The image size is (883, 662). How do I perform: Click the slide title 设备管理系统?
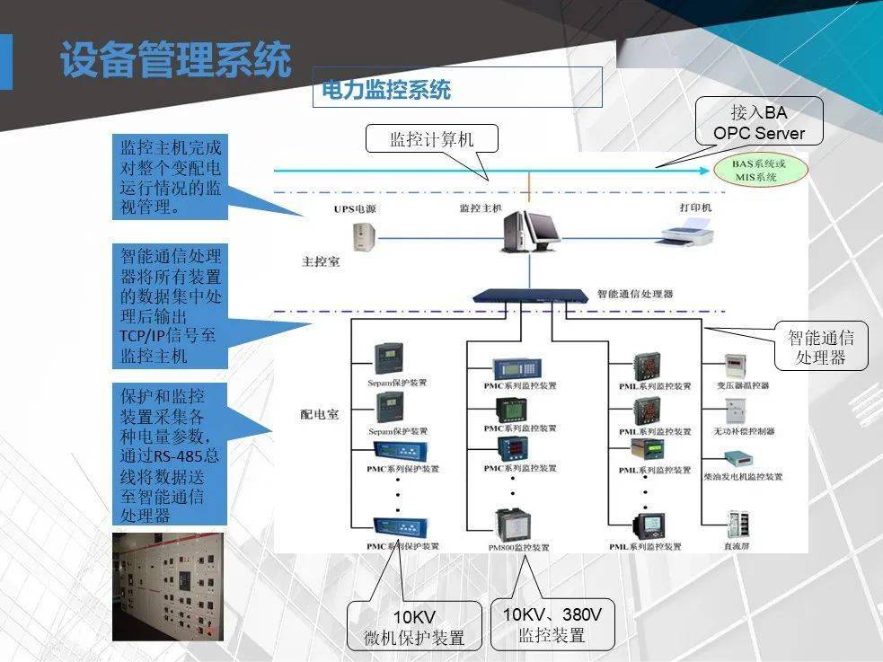point(175,60)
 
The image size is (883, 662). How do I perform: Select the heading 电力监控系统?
point(386,89)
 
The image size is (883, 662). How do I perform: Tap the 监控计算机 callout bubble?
point(431,139)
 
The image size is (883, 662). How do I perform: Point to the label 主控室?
point(318,264)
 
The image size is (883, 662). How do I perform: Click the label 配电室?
point(319,414)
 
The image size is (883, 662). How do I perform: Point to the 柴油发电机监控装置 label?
point(743,477)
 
